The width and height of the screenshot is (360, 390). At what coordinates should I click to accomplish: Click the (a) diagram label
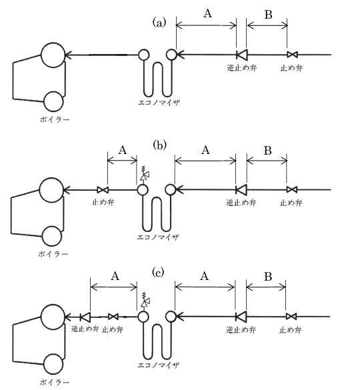(x=159, y=23)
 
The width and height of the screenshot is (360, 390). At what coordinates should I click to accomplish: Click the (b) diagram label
(x=159, y=145)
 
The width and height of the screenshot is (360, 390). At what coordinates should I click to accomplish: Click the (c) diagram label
(x=158, y=273)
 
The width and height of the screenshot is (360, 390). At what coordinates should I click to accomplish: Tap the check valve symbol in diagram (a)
(x=241, y=55)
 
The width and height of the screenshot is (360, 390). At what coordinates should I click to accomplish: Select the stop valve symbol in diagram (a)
(x=292, y=55)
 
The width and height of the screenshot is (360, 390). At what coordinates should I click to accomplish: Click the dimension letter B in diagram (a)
(x=268, y=15)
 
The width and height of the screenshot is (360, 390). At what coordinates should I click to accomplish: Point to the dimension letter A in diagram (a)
(x=207, y=13)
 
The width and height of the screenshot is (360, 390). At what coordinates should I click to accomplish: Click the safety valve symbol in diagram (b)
(x=144, y=173)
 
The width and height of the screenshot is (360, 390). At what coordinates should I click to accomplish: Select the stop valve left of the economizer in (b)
(x=102, y=190)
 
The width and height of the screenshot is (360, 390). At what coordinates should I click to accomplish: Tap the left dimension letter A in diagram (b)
(x=123, y=150)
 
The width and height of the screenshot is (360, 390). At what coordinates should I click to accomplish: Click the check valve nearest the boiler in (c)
(x=85, y=317)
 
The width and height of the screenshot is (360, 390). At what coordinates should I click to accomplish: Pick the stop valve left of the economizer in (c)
(x=113, y=317)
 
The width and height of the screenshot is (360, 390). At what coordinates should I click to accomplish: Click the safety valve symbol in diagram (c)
(x=145, y=301)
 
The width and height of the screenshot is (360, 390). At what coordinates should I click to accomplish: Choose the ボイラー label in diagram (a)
(x=55, y=120)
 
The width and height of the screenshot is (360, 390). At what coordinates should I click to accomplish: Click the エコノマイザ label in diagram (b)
(x=158, y=237)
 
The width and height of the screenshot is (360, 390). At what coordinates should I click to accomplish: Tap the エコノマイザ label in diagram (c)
(x=159, y=365)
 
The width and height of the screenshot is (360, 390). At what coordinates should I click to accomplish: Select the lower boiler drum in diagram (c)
(x=53, y=363)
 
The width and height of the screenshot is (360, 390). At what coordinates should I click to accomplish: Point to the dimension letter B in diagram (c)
(x=268, y=277)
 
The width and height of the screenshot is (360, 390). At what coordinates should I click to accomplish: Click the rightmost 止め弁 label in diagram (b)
(x=291, y=203)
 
